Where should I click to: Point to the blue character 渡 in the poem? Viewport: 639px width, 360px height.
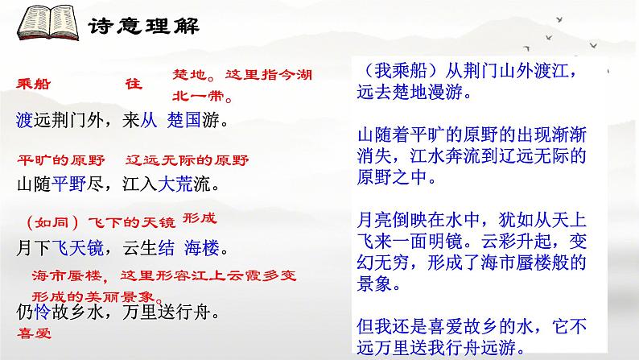pos(24,122)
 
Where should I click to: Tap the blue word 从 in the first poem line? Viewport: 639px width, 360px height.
pos(149,122)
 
